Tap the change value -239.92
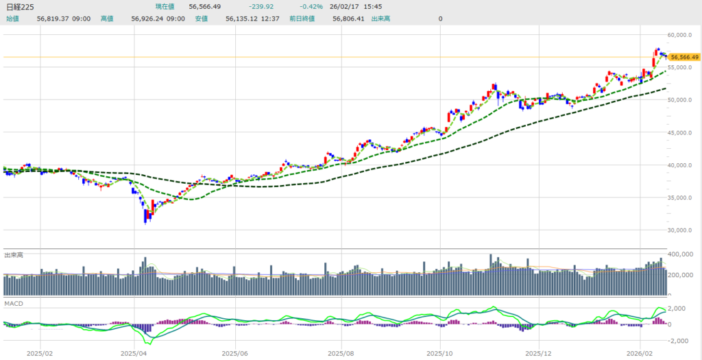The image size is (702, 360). [262, 7]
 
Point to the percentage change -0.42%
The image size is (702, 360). [311, 7]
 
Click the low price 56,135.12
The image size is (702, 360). [243, 19]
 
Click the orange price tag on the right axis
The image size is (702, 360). [684, 57]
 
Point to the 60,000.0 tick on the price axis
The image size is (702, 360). [682, 34]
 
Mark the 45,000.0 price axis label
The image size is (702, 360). [682, 132]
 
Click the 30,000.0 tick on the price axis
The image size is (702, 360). [682, 230]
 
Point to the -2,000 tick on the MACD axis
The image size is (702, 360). [680, 340]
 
